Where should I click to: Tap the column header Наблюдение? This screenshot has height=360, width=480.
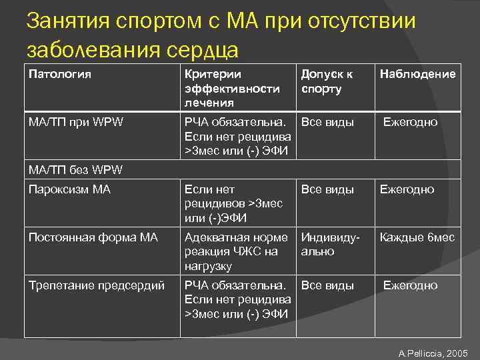pyautogui.click(x=417, y=74)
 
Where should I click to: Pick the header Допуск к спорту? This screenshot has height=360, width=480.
pyautogui.click(x=327, y=81)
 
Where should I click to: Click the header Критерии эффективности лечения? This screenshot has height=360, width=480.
pyautogui.click(x=232, y=88)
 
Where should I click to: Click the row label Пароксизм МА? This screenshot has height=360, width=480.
pyautogui.click(x=64, y=189)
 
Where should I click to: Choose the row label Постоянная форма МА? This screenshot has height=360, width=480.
pyautogui.click(x=93, y=237)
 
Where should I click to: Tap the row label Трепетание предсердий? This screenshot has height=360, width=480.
pyautogui.click(x=97, y=285)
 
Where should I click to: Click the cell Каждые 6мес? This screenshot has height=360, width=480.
pyautogui.click(x=417, y=237)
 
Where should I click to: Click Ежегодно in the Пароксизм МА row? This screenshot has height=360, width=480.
pyautogui.click(x=407, y=189)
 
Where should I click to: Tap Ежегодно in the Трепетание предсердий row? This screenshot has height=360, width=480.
pyautogui.click(x=410, y=285)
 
